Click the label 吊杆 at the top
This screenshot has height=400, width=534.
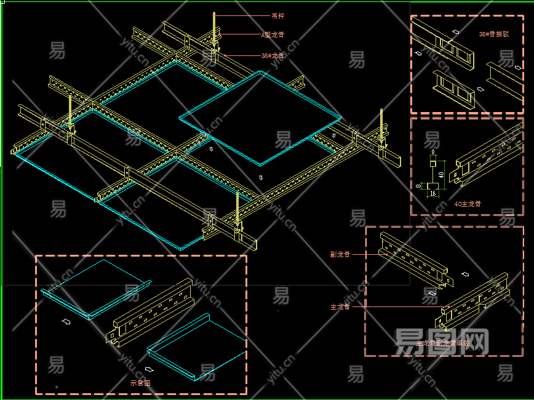click(x=277, y=15)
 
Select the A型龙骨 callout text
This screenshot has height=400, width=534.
click(x=273, y=35)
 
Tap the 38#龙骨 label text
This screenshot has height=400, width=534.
click(x=272, y=55)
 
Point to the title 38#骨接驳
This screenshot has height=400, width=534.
click(x=493, y=34)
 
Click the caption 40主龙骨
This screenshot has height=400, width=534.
click(x=468, y=204)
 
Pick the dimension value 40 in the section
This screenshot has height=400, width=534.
click(x=442, y=176)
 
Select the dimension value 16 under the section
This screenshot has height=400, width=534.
click(x=433, y=194)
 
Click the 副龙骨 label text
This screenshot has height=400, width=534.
click(x=340, y=254)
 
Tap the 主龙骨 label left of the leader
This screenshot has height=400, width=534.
click(x=340, y=306)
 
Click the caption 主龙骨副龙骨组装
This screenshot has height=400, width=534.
click(x=442, y=343)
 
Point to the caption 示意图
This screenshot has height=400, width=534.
click(x=140, y=383)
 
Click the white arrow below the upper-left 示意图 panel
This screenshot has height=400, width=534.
click(x=66, y=321)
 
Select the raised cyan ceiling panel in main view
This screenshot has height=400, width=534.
click(x=260, y=117)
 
